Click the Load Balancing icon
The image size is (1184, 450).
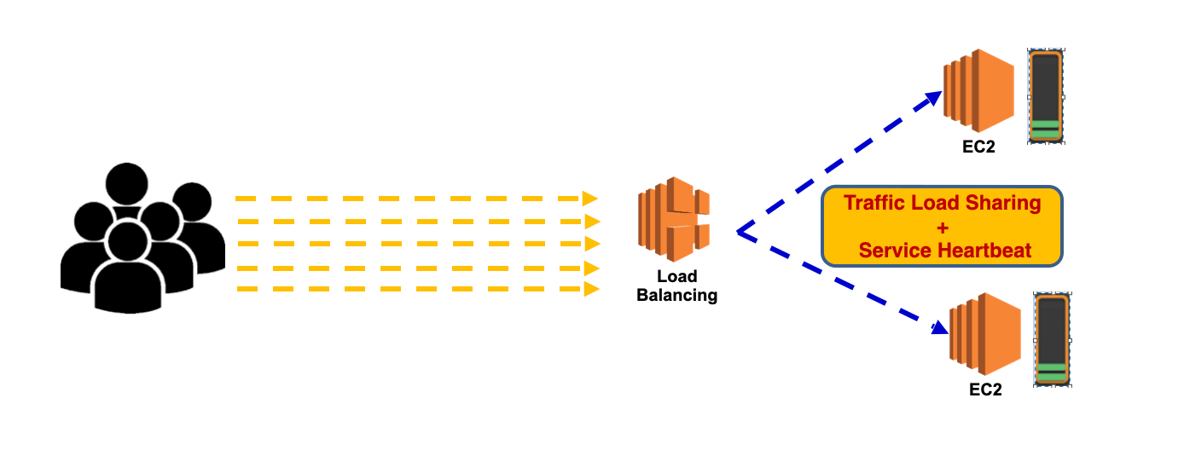click(674, 218)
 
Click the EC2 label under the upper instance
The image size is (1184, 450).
click(978, 147)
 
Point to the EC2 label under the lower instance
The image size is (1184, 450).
click(985, 390)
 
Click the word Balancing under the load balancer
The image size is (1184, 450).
click(677, 296)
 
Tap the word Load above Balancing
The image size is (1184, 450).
click(677, 277)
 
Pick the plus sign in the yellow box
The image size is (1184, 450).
click(942, 228)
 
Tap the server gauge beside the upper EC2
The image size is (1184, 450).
click(1045, 96)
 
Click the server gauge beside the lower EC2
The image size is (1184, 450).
click(1052, 340)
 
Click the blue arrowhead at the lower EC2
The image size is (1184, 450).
click(940, 328)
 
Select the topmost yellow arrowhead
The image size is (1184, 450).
click(589, 199)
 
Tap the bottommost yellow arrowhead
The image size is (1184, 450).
click(589, 290)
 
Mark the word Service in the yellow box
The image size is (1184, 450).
click(895, 251)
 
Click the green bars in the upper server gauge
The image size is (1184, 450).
click(1045, 130)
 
